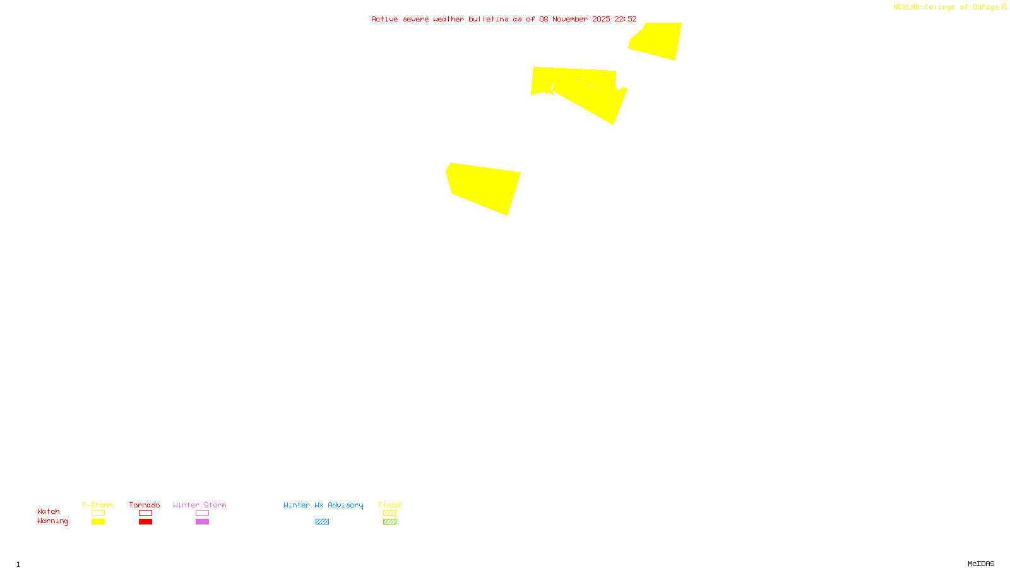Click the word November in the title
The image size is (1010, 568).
pyautogui.click(x=570, y=20)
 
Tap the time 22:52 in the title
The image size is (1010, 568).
pyautogui.click(x=626, y=20)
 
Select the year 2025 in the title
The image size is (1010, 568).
pyautogui.click(x=601, y=20)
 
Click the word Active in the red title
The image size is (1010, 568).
pyautogui.click(x=384, y=20)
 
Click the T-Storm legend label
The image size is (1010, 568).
pyautogui.click(x=97, y=505)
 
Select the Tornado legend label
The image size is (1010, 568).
pyautogui.click(x=145, y=505)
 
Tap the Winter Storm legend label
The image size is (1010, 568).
pyautogui.click(x=199, y=505)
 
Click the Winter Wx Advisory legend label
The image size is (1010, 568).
pyautogui.click(x=323, y=505)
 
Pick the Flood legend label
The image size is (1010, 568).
pyautogui.click(x=389, y=505)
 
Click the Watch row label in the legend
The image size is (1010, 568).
pyautogui.click(x=49, y=512)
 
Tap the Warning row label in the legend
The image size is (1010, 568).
pyautogui.click(x=52, y=521)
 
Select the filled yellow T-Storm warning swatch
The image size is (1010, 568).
pyautogui.click(x=98, y=522)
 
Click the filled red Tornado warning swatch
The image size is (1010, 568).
pyautogui.click(x=145, y=522)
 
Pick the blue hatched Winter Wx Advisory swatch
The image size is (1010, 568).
pyautogui.click(x=322, y=522)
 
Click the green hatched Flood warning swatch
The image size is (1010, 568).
pyautogui.click(x=389, y=522)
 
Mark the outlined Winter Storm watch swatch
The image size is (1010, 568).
pyautogui.click(x=202, y=513)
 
